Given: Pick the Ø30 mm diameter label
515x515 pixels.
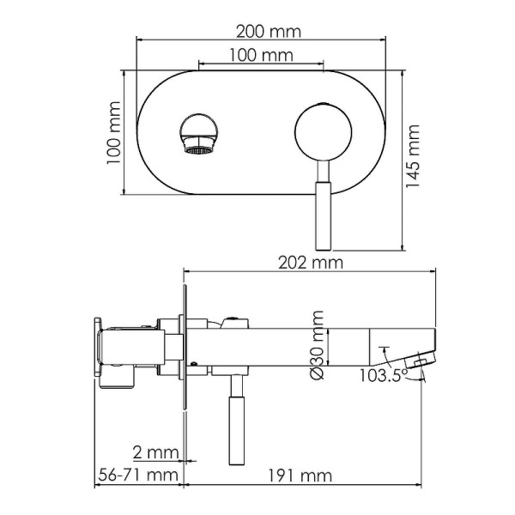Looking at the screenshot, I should coord(317,344).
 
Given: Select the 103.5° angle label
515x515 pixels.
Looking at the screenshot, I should coord(376,374).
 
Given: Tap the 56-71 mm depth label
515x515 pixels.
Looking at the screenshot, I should coord(136,474).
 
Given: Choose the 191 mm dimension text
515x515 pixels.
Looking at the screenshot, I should coord(301,474).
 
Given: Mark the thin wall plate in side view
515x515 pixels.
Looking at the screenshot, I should coord(184,352).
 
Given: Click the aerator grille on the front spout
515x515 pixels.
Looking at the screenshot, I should coord(198,150).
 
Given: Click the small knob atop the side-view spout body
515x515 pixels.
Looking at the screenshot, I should coord(229,323).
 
